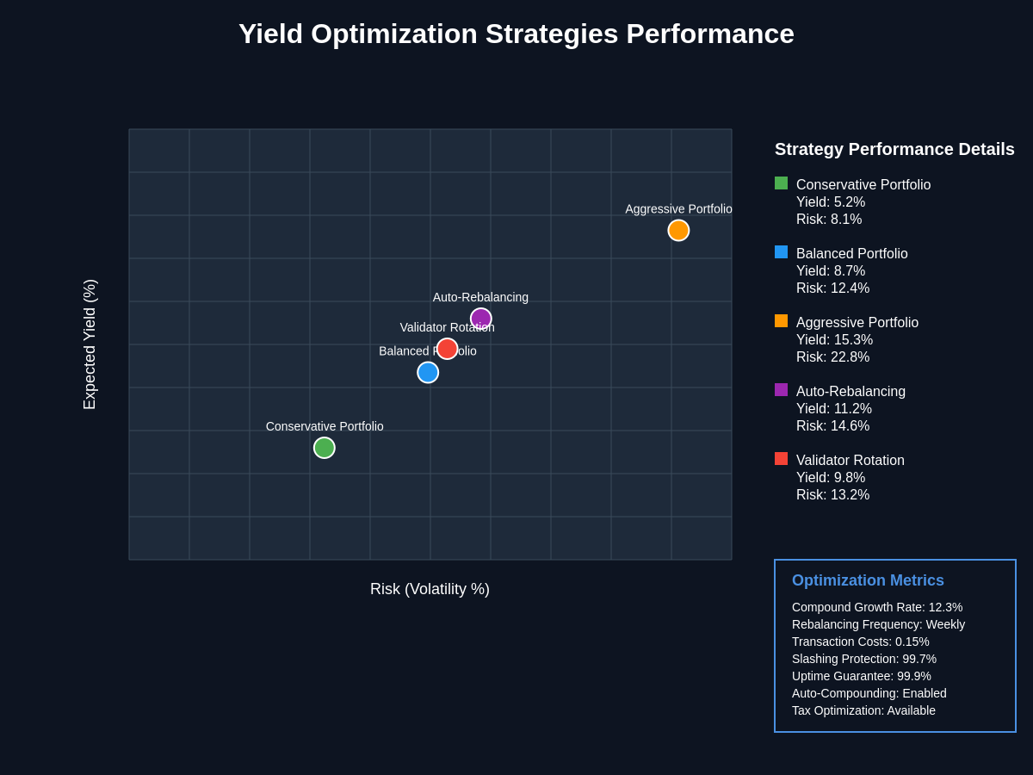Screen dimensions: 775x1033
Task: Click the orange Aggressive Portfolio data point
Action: coord(678,230)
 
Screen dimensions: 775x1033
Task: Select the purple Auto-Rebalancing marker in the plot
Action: coord(480,319)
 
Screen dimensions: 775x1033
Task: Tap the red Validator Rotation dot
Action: coord(447,349)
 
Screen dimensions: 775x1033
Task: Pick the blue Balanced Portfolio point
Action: coord(428,372)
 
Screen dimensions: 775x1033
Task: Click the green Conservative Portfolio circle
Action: coord(324,448)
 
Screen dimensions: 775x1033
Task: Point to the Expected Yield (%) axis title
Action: coord(90,344)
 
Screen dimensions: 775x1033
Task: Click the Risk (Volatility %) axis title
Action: coord(430,589)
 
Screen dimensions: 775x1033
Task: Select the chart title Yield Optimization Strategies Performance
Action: coord(516,34)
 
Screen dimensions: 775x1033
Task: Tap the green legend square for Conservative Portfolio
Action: coord(781,183)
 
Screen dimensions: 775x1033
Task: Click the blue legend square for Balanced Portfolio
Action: coord(781,251)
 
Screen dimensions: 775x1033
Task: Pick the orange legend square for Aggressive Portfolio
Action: coord(781,320)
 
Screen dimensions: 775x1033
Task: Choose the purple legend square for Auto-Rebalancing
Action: coord(781,389)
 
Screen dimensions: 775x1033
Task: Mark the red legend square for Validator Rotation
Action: coord(781,458)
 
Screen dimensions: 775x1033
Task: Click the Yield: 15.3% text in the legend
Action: coord(834,340)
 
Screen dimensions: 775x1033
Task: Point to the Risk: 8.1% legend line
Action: coord(829,220)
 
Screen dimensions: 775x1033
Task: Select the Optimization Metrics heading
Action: coord(868,580)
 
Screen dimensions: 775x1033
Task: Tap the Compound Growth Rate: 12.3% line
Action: coord(877,607)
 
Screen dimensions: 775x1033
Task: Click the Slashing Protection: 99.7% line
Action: coord(864,659)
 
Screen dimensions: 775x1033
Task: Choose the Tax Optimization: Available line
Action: coord(863,710)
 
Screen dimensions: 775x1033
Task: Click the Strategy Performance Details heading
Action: coord(894,149)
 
